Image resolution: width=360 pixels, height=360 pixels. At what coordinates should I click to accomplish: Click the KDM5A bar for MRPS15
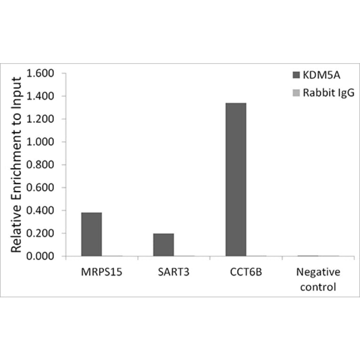[x=91, y=234]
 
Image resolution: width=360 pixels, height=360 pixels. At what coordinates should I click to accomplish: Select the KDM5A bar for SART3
[x=164, y=245]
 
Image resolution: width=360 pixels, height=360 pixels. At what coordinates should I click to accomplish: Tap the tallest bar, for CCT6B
[x=236, y=180]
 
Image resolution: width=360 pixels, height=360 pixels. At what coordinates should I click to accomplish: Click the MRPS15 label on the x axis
[x=101, y=272]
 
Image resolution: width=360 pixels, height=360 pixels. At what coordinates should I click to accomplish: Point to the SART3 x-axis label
[x=173, y=272]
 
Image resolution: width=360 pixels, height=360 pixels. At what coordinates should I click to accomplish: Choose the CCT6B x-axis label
[x=245, y=272]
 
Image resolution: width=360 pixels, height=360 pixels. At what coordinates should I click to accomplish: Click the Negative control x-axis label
[x=318, y=279]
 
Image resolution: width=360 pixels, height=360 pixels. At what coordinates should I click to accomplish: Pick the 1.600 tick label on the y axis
[x=41, y=74]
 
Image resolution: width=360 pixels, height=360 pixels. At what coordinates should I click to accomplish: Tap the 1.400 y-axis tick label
[x=41, y=96]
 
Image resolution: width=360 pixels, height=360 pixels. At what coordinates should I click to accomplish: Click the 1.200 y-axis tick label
[x=41, y=119]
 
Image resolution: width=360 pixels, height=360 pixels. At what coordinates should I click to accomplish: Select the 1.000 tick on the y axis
[x=41, y=142]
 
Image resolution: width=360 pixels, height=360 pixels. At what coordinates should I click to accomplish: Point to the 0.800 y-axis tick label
[x=41, y=165]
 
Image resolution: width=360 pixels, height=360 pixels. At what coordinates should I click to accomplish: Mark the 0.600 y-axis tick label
[x=41, y=188]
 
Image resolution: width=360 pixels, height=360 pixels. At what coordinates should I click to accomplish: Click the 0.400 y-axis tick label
[x=41, y=211]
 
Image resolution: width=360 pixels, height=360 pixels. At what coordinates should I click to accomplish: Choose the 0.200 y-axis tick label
[x=41, y=233]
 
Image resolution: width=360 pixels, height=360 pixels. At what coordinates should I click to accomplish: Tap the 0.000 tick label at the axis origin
[x=41, y=256]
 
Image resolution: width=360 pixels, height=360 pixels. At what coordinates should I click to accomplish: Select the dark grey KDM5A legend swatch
[x=296, y=75]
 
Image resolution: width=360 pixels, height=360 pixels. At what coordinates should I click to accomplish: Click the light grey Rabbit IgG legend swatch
[x=296, y=93]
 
